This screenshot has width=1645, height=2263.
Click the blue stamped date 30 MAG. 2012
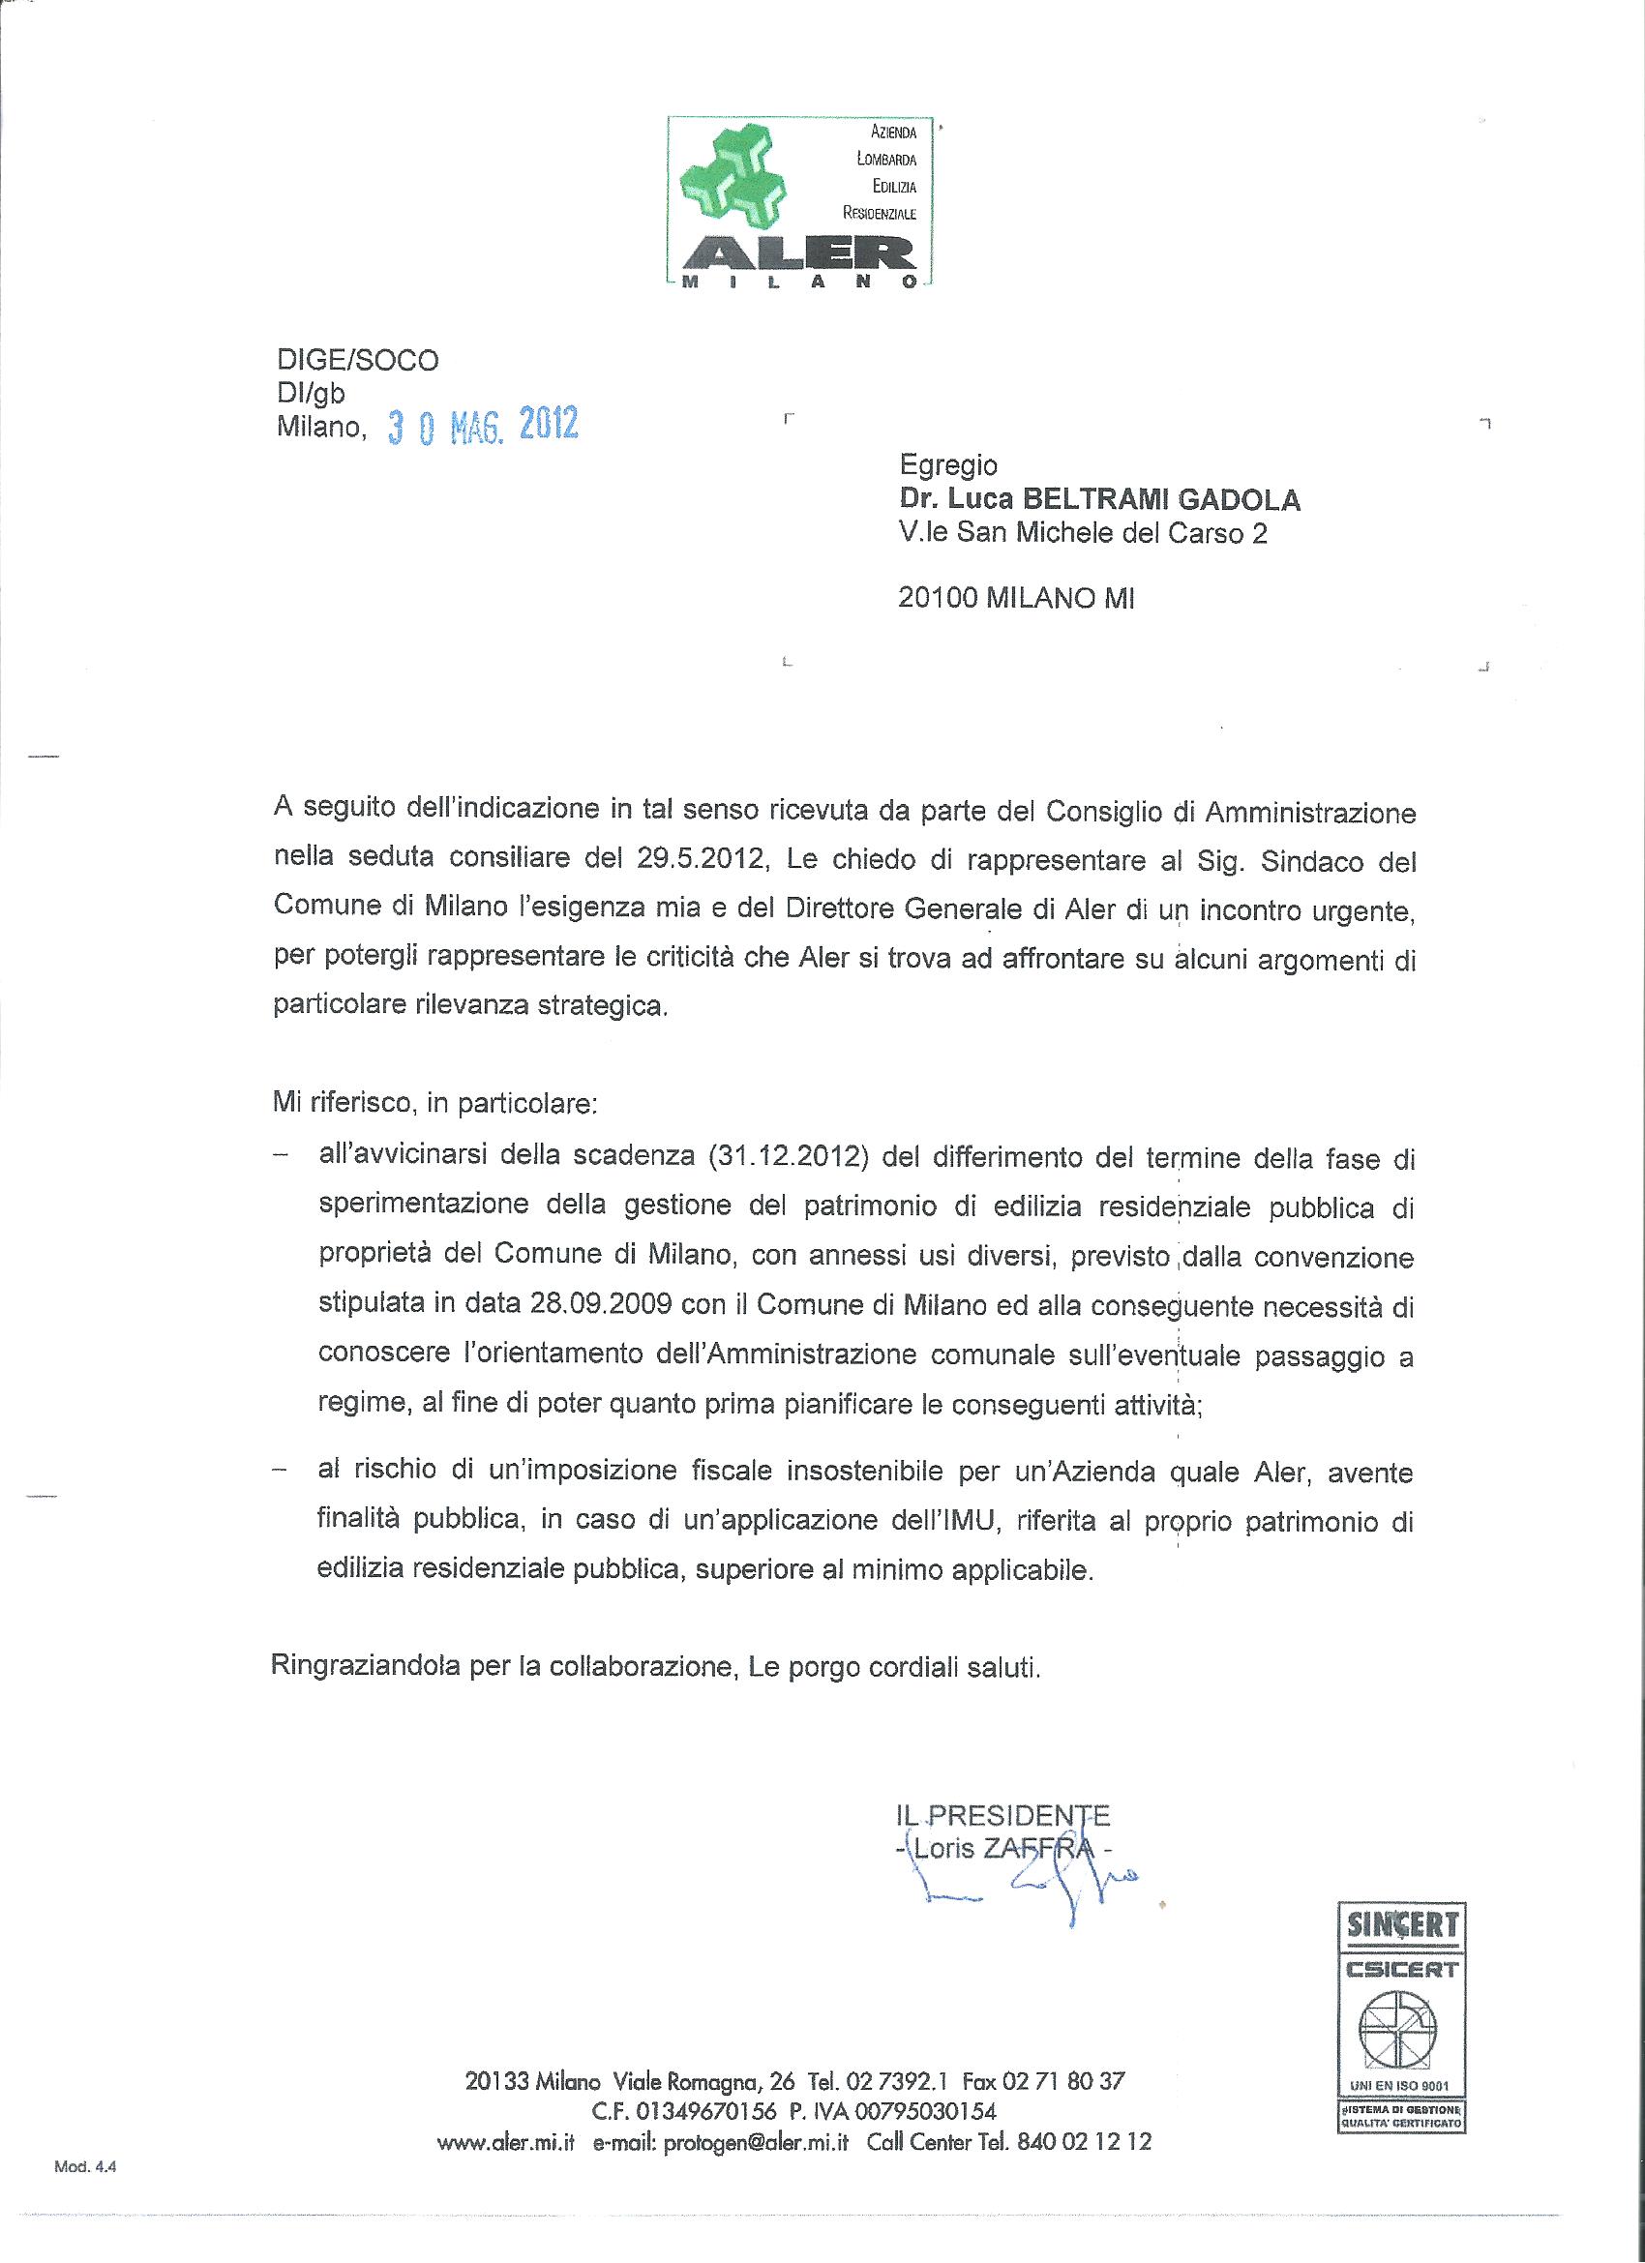(x=483, y=426)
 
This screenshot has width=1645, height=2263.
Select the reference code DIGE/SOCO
(x=357, y=360)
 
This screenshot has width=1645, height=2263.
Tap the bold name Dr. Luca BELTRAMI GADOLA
(x=1099, y=499)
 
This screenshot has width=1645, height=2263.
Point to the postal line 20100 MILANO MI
(x=1016, y=598)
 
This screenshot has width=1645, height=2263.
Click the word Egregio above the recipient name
(x=947, y=465)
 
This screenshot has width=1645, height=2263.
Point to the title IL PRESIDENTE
(x=1003, y=1815)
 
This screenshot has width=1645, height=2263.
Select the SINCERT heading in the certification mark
(x=1401, y=1924)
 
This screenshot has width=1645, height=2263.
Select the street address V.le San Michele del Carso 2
(x=1082, y=533)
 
